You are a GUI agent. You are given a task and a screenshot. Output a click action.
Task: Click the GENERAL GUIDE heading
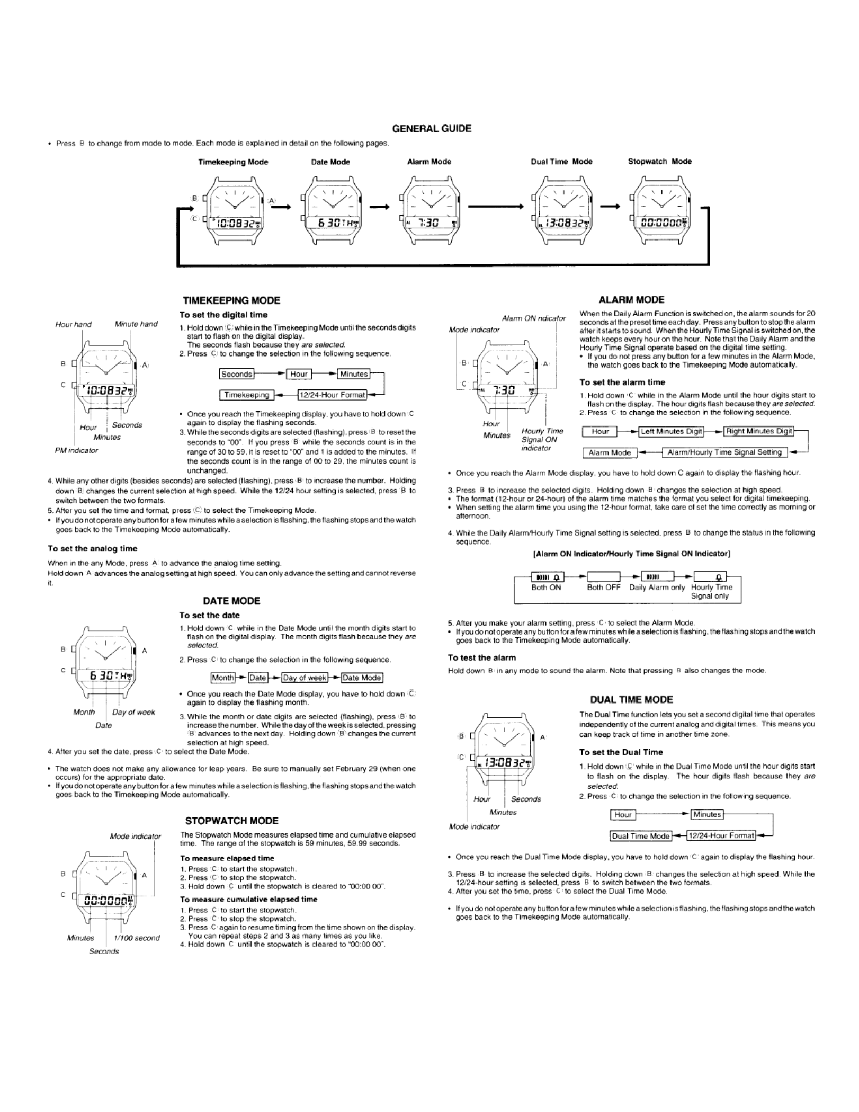point(432,129)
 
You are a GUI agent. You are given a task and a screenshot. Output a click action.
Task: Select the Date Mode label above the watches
point(330,162)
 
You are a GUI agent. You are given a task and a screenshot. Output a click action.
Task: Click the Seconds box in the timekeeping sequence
point(236,374)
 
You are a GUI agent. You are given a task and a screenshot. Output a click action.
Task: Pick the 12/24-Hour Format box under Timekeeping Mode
point(332,395)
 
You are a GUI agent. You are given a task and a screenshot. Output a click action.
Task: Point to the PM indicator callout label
point(77,450)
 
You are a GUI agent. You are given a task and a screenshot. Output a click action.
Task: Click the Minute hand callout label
point(136,324)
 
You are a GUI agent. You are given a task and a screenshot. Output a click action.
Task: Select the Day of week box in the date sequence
point(305,678)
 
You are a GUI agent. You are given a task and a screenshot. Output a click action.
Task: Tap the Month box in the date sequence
point(222,678)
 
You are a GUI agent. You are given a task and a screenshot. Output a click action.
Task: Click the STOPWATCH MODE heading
point(231,821)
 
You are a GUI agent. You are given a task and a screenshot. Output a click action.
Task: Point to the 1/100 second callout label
point(137,938)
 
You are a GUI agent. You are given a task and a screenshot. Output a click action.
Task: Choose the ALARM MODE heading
point(631,300)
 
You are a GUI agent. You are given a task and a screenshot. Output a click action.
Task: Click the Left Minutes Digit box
point(671,431)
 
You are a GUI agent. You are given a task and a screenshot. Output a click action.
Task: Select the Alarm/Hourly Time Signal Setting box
point(724,452)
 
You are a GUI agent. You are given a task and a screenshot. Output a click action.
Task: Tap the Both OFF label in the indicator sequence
point(603,587)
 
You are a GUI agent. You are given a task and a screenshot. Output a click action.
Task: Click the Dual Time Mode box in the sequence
point(641,836)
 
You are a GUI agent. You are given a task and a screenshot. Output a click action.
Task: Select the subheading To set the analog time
point(92,549)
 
